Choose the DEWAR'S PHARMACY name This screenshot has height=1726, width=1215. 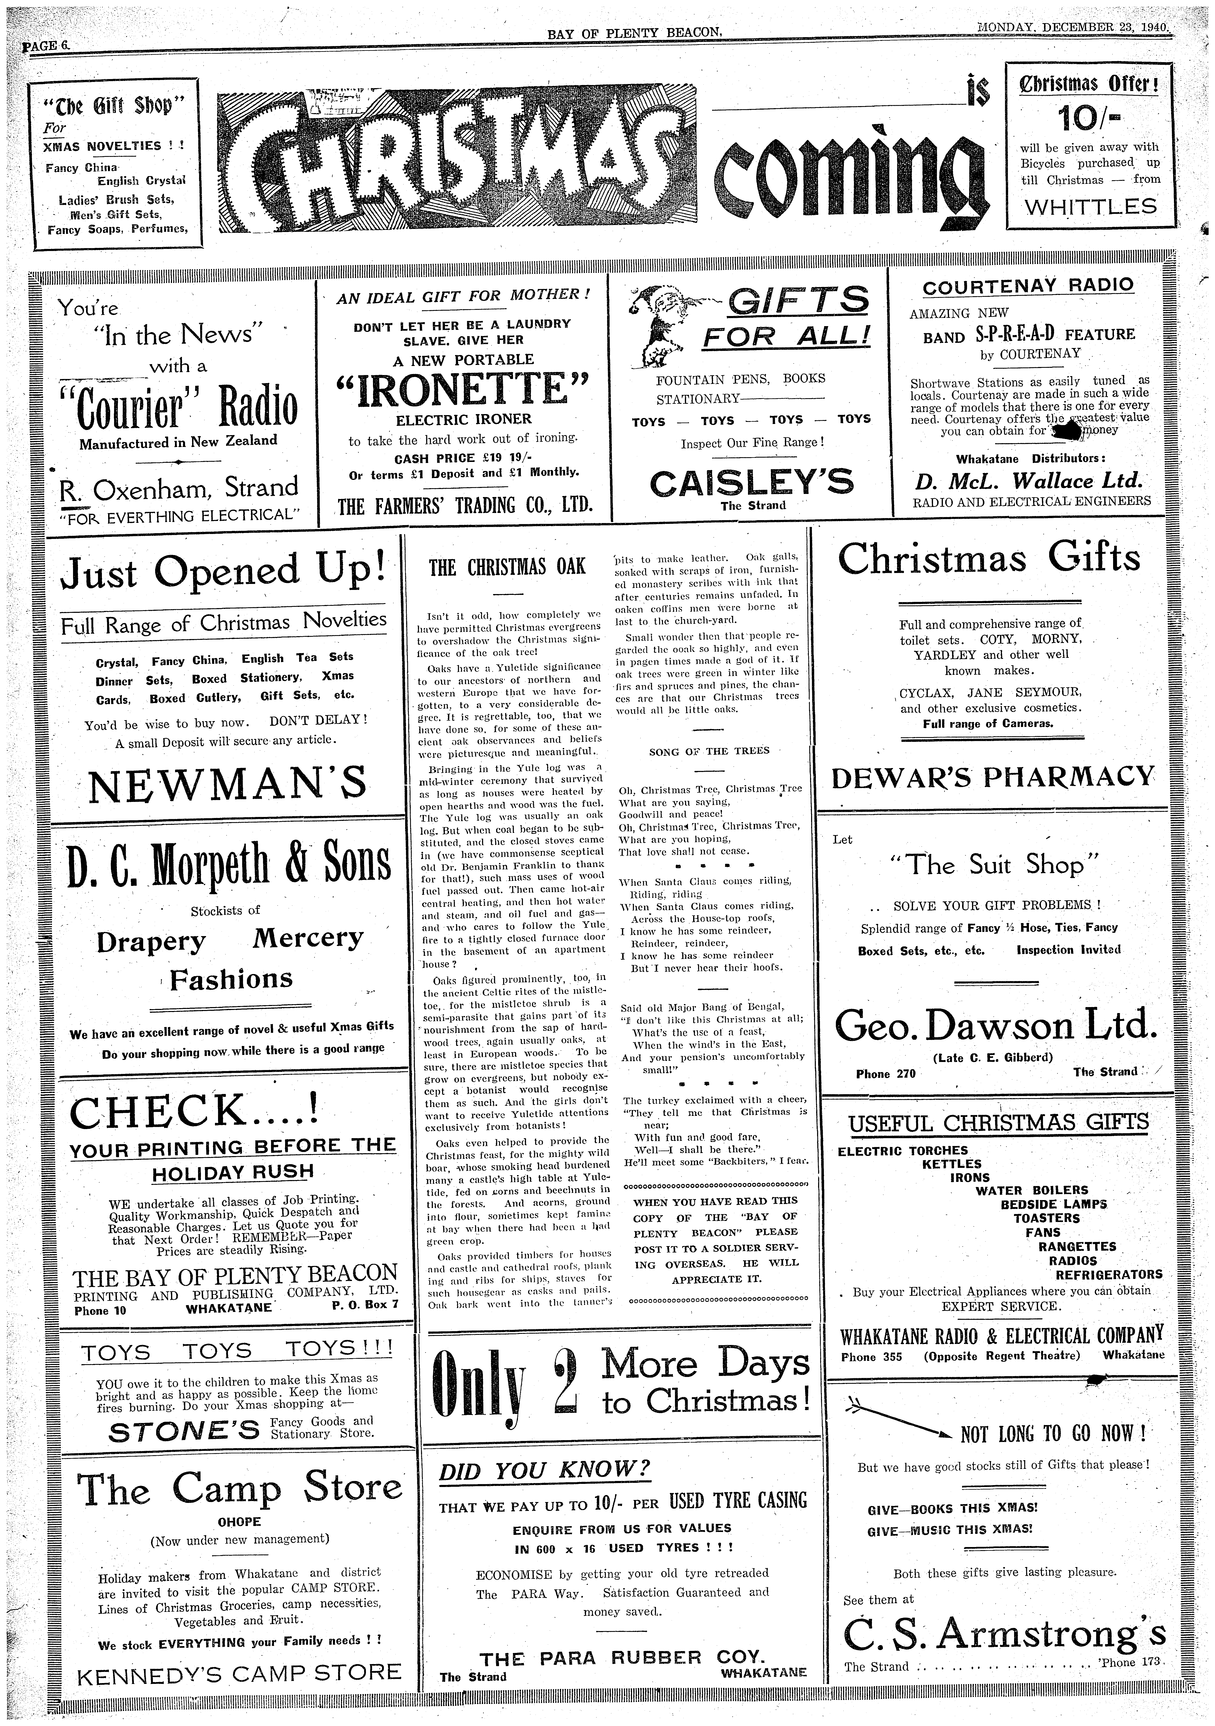[x=993, y=777]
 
